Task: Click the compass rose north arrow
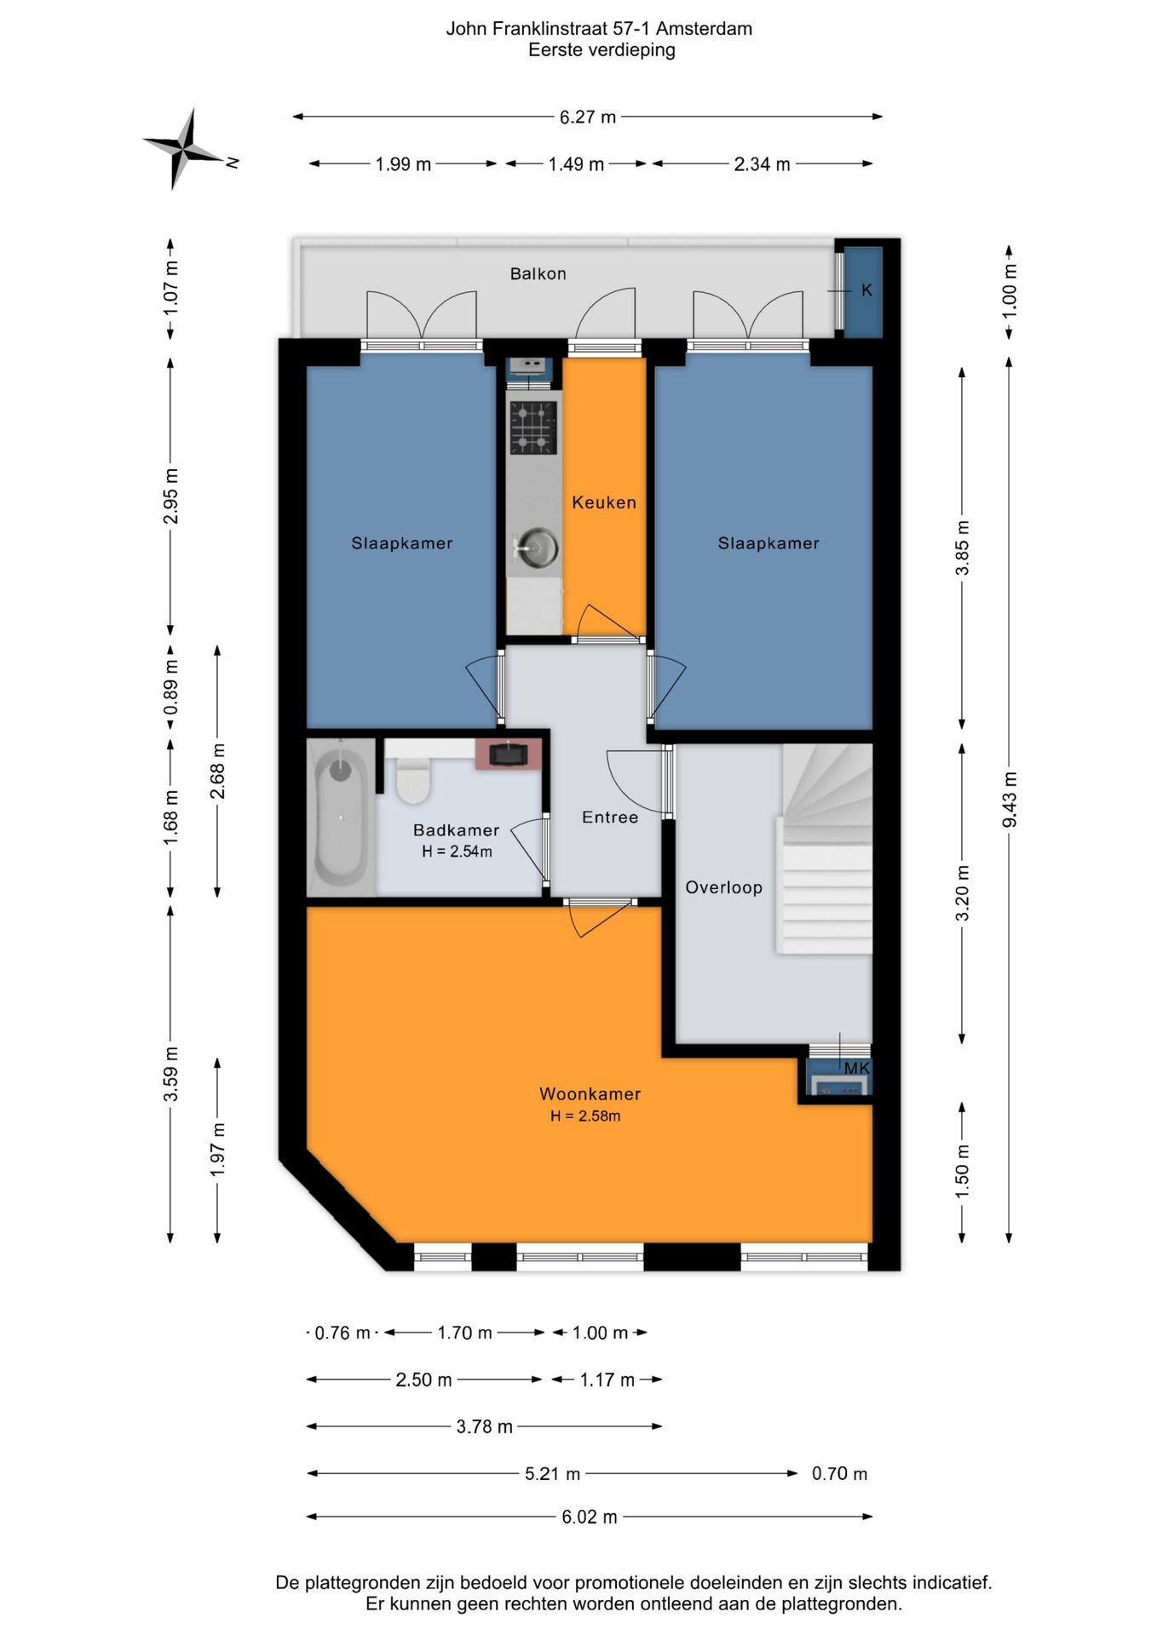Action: (184, 148)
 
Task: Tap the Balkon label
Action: (538, 273)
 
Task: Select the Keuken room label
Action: (604, 502)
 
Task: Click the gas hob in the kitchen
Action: (533, 427)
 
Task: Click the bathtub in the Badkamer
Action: (341, 818)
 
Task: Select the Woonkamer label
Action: (590, 1094)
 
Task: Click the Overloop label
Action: (723, 887)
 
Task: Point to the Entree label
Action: (610, 817)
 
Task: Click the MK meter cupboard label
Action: (857, 1068)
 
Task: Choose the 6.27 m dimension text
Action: (588, 117)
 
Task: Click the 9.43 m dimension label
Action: (1010, 799)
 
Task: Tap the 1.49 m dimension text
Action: (576, 164)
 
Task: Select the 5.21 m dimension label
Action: (552, 1473)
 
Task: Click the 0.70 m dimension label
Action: (839, 1473)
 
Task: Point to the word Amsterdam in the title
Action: (704, 29)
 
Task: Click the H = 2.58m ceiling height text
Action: (585, 1116)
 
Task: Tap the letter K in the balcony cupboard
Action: (866, 290)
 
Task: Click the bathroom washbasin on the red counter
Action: (508, 754)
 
